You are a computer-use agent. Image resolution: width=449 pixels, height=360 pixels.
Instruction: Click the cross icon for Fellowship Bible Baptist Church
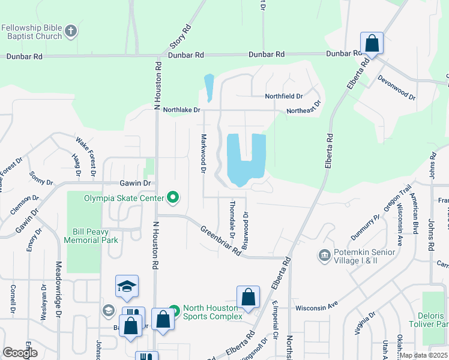pos(71,31)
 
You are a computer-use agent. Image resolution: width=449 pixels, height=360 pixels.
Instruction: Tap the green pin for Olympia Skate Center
pos(173,196)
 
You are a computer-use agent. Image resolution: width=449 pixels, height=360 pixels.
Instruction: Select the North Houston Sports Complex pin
pos(173,311)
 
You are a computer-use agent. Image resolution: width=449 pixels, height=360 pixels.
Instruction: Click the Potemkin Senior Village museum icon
pos(325,256)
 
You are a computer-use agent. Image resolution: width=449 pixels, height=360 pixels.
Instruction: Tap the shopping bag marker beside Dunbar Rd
pos(372,44)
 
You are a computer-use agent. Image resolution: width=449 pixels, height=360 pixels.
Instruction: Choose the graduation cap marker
pos(127,288)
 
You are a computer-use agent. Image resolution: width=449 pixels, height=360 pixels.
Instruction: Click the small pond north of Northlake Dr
pos(209,88)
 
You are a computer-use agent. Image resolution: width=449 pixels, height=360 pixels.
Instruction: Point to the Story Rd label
pos(181,37)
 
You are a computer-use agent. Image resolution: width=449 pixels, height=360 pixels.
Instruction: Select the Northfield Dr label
pos(284,96)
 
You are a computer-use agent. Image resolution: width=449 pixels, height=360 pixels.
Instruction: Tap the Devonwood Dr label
pos(396,88)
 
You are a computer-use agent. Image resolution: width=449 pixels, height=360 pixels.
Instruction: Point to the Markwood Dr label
pos(203,155)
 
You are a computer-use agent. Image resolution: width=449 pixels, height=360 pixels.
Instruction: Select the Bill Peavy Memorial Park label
pos(95,236)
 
